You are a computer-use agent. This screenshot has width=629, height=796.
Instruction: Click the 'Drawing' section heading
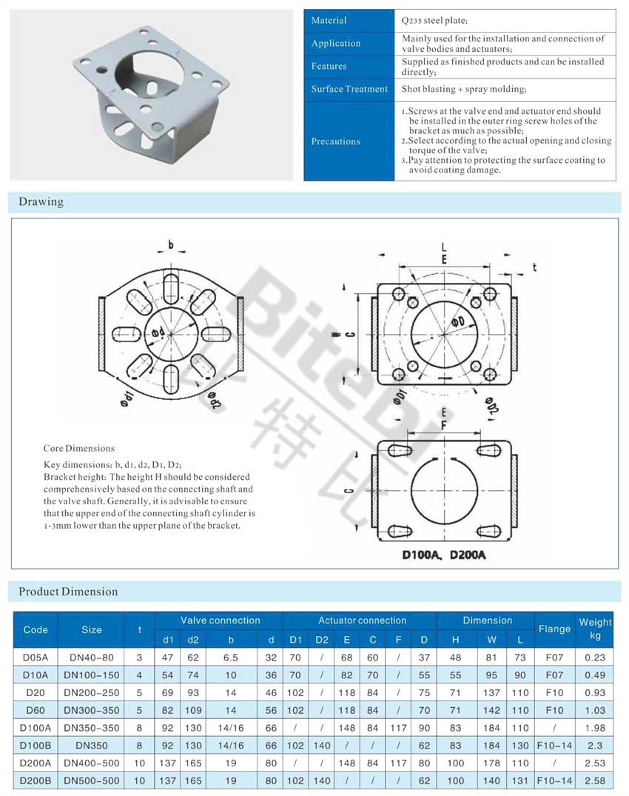tap(41, 201)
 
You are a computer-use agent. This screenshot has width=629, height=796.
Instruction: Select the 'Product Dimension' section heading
tap(68, 591)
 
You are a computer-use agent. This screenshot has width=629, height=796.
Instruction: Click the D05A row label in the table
tap(36, 657)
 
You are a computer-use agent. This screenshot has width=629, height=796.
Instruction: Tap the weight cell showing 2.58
tap(595, 780)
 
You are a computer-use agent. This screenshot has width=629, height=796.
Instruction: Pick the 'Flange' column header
tap(554, 629)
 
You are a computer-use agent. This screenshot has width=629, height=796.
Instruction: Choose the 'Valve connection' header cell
tap(220, 621)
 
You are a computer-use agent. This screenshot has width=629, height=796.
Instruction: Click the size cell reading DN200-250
tap(92, 692)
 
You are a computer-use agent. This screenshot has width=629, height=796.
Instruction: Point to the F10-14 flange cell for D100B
tap(554, 745)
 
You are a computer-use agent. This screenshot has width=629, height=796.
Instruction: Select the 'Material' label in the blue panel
tap(329, 20)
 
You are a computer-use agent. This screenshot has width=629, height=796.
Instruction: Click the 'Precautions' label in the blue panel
tap(335, 141)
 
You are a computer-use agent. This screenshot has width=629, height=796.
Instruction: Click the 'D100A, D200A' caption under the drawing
tap(443, 554)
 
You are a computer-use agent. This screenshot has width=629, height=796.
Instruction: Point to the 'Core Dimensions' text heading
tap(78, 448)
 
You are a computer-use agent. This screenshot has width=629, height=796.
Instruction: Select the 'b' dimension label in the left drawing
tap(170, 245)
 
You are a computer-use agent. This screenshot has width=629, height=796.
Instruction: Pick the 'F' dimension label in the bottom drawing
tap(443, 426)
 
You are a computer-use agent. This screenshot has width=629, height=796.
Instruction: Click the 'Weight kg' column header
tap(595, 629)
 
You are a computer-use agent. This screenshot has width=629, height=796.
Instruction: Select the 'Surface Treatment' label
tap(349, 89)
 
